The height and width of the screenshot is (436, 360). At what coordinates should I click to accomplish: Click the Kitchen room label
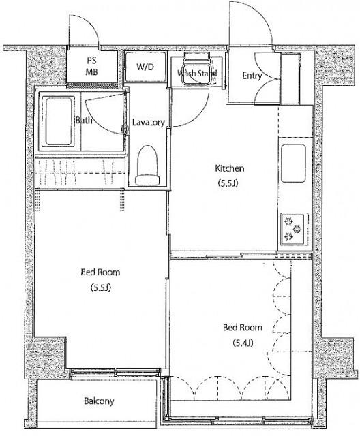click(x=230, y=168)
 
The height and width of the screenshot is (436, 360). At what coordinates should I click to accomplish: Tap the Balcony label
click(x=99, y=401)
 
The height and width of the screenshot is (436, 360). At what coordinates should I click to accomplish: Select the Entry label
click(x=252, y=76)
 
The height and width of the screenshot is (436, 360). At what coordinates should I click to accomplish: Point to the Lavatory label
click(x=149, y=123)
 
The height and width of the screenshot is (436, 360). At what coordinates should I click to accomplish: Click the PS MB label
click(x=91, y=66)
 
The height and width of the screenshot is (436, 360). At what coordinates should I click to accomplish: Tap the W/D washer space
click(x=145, y=67)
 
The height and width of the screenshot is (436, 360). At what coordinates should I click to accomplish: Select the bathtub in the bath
click(x=59, y=121)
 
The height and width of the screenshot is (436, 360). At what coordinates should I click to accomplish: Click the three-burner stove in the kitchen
click(x=295, y=229)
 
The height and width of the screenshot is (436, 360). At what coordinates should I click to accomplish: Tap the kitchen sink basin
click(x=293, y=163)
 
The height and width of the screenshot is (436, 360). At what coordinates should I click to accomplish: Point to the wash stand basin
click(x=197, y=73)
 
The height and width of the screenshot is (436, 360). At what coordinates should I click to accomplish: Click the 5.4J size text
click(x=243, y=343)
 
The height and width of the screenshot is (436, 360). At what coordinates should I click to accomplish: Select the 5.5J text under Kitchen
click(x=228, y=183)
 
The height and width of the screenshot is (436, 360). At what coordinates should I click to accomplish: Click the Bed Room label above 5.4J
click(x=243, y=327)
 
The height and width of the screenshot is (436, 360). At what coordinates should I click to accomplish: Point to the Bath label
click(x=84, y=121)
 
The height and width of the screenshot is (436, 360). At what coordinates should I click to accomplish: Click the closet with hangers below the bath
click(x=80, y=173)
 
